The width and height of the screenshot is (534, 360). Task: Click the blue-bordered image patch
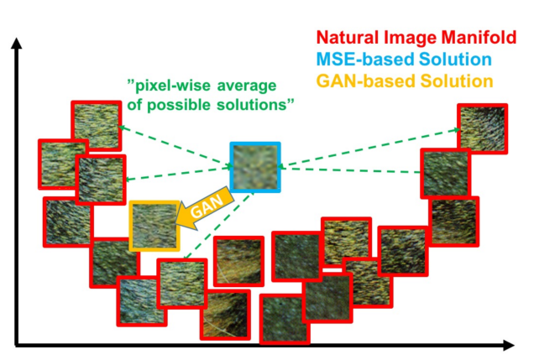(255, 167)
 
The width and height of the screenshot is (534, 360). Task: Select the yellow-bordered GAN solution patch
(154, 226)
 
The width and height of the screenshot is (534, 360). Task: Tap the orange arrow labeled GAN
(206, 208)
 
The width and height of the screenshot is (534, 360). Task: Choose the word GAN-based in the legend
(366, 81)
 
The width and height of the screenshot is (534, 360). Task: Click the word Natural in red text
(348, 37)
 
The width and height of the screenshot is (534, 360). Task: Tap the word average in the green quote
(247, 86)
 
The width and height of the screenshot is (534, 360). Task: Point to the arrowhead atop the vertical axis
(16, 43)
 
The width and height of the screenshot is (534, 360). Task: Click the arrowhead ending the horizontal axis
(508, 345)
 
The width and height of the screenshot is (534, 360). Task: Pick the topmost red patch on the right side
(482, 129)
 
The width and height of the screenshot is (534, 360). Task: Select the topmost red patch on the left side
(97, 126)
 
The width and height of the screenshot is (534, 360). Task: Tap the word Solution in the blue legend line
(455, 60)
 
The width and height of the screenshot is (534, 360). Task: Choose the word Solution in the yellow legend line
(457, 81)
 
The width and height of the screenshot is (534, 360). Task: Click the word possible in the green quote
(179, 105)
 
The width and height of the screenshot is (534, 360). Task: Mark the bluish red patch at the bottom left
(142, 301)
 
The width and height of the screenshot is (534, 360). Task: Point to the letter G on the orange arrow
(196, 211)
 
